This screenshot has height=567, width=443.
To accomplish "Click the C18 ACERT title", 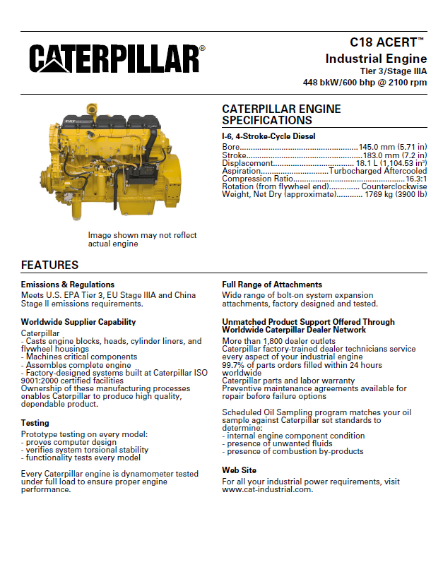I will pos(388,43).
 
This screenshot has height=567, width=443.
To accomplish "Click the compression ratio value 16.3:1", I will pos(415,179).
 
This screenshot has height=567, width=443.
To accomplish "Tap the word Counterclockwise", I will pos(394,186).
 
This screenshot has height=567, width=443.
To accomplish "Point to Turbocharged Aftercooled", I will pos(377,171).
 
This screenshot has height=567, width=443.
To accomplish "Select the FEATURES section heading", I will pos(49,265).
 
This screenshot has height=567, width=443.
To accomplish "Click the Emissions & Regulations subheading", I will pos(68,285).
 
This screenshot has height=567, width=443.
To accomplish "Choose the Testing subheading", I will pos(35,423).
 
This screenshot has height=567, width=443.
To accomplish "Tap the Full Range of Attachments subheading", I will pos(272,285).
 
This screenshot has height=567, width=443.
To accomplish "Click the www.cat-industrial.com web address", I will pos(267,489).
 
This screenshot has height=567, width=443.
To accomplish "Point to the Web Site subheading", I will pos(240,470).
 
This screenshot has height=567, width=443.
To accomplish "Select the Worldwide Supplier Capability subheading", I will pos(78,322).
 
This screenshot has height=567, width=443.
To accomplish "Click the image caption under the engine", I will pos(142,239).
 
